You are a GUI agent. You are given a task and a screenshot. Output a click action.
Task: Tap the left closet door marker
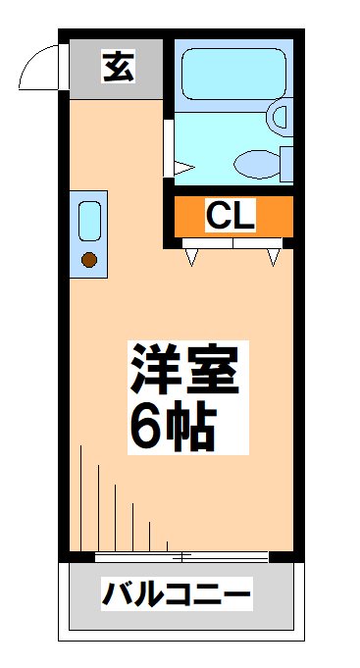click(191, 257)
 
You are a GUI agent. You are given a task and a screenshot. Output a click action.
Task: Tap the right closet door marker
click(273, 257)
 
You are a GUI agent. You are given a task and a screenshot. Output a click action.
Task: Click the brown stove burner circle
click(89, 260)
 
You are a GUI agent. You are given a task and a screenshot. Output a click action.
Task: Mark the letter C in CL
click(218, 216)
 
